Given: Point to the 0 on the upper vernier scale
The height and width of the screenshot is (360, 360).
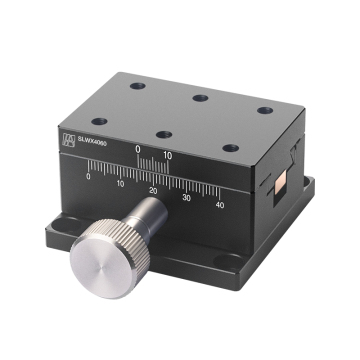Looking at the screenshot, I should [138, 151].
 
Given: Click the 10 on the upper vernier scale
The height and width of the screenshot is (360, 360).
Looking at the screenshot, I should [168, 154].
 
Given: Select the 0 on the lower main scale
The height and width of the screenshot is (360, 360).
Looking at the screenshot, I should [89, 177].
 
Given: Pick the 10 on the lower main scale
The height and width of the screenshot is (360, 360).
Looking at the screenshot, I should [120, 183].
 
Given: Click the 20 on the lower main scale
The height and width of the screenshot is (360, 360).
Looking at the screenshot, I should [153, 190].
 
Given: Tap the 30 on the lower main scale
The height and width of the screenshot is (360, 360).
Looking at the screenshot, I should [186, 197].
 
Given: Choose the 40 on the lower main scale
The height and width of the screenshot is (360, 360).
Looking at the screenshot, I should [220, 205].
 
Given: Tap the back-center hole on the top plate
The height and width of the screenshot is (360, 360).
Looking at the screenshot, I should [200, 97].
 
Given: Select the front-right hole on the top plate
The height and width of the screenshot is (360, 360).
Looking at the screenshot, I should [229, 147].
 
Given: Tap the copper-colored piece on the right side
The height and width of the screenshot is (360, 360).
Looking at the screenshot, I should [281, 184].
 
